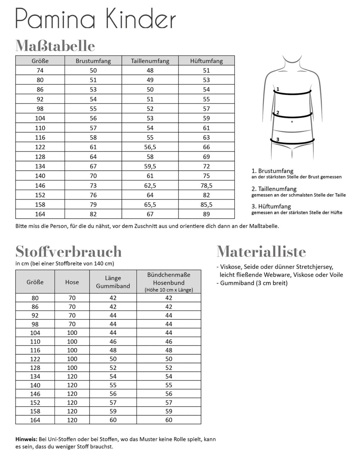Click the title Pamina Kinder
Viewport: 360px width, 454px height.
96,19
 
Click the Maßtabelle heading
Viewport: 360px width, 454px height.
55,46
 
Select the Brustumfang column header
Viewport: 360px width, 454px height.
93,61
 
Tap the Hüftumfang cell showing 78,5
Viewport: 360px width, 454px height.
207,186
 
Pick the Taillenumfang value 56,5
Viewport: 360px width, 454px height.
150,147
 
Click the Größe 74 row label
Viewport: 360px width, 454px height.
40,70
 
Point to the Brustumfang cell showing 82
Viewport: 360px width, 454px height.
93,214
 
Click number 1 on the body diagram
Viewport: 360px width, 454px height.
278,89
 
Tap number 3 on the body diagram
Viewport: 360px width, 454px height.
278,139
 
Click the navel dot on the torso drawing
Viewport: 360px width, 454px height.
292,122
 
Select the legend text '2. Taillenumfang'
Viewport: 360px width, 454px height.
274,189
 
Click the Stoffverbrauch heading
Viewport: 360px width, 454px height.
69,252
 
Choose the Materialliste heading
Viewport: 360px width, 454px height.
261,252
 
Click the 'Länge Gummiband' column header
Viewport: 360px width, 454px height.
113,282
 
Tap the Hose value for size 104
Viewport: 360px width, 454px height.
72,333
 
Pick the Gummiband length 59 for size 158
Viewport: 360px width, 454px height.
113,411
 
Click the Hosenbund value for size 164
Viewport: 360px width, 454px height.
169,420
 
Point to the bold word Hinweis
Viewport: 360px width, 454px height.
26,439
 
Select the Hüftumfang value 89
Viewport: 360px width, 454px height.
207,214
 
